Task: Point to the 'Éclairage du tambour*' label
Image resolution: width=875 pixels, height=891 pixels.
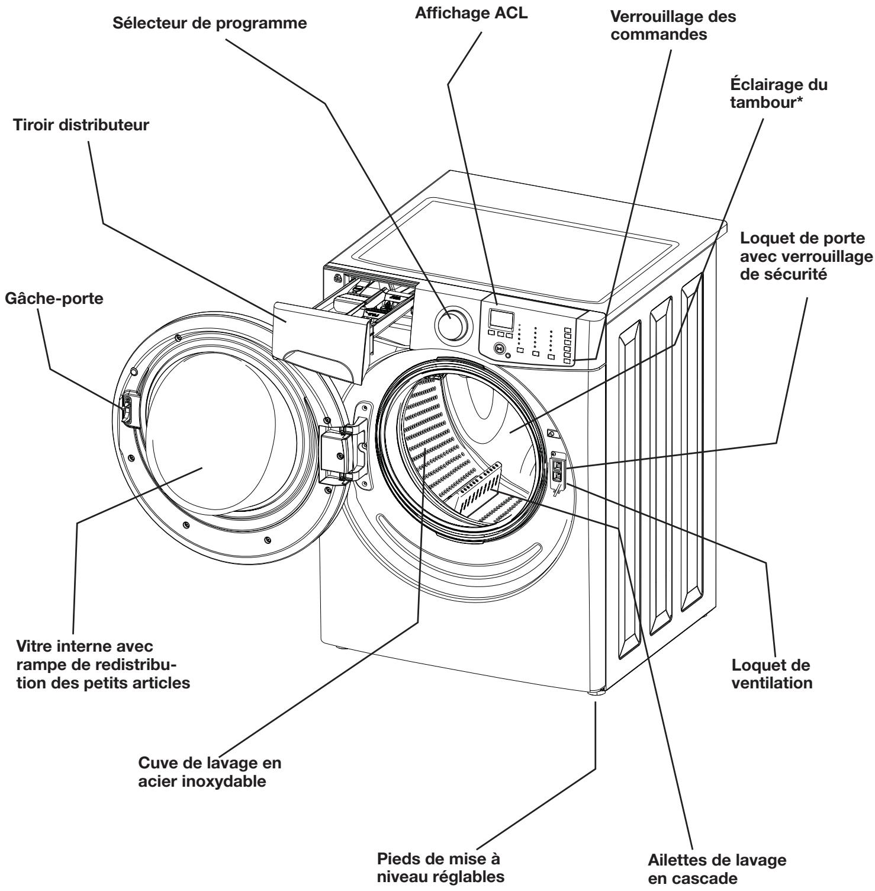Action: (x=779, y=94)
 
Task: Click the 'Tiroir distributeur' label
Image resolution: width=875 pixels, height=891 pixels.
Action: (x=81, y=126)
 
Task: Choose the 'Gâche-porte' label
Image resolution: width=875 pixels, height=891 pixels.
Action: (x=53, y=299)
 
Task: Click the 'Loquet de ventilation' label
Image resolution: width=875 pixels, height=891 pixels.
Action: (x=771, y=674)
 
